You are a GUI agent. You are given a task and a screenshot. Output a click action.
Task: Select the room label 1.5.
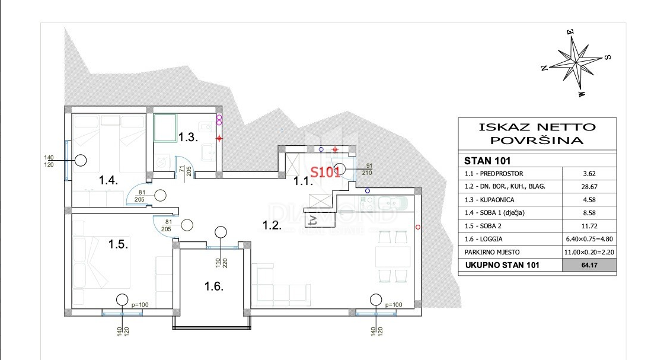click(x=119, y=243)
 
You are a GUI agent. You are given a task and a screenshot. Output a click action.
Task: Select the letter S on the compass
click(x=607, y=58)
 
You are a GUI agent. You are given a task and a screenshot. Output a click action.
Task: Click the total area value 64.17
click(x=589, y=266)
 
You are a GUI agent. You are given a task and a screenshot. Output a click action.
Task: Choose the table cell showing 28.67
click(x=589, y=186)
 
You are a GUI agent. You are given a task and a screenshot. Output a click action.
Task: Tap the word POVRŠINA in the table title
click(x=537, y=141)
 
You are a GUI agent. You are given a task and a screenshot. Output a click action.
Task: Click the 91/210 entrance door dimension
click(x=365, y=169)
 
